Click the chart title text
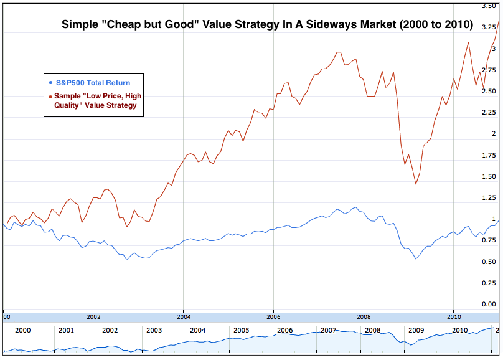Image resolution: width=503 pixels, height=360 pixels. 267,26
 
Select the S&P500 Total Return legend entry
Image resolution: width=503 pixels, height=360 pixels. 93,82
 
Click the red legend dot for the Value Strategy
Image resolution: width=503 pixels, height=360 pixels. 50,97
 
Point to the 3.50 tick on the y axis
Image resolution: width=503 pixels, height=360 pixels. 489,6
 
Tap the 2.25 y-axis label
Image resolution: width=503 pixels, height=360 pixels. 489,112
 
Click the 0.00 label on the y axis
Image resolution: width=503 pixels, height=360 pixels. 489,304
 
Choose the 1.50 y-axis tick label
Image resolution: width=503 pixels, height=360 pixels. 489,176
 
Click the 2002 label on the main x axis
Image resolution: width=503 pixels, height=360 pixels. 93,316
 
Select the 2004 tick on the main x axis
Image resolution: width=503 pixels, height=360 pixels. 183,316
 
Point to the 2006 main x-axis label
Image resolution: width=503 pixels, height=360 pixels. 273,316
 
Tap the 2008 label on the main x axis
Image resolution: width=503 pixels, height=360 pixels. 363,316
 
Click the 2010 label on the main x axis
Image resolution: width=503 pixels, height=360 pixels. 453,316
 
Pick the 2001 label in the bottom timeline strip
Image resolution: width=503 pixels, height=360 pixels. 67,330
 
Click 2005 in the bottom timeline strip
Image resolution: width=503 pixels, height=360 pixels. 242,330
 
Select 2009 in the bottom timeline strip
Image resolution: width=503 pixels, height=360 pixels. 416,330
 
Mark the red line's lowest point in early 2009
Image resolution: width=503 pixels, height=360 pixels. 415,184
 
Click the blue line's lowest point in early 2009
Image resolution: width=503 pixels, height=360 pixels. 415,258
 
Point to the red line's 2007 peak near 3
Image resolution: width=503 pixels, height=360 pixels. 338,52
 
